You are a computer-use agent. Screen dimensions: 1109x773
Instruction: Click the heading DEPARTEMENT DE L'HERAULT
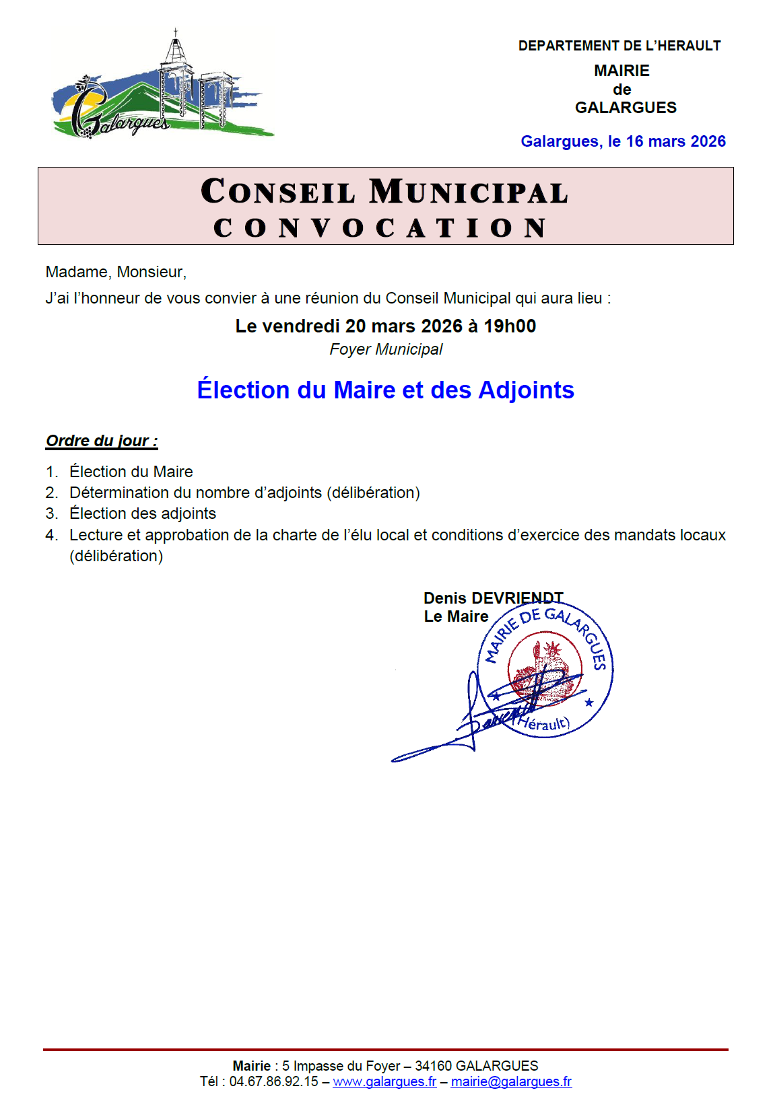point(619,46)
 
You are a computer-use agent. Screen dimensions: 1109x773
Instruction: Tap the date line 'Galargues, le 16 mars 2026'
point(623,141)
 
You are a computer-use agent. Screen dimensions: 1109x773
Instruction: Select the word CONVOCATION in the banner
point(380,228)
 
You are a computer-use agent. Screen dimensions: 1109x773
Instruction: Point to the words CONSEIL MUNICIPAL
point(384,192)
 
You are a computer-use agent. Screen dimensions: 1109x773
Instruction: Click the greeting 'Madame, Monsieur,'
point(116,272)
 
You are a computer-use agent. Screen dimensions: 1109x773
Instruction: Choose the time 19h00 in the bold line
point(510,326)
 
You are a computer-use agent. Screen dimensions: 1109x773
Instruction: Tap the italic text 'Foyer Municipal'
point(386,350)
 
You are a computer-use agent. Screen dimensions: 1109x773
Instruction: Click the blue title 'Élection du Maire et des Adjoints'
point(385,390)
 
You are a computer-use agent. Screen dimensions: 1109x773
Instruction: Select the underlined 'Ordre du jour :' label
point(102,441)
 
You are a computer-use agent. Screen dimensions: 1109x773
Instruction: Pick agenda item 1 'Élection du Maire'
point(131,472)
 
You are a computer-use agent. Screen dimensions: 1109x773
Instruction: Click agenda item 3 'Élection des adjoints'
point(142,513)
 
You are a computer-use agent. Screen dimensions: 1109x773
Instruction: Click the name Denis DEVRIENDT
point(493,598)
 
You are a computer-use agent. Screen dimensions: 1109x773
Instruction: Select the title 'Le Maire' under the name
point(456,616)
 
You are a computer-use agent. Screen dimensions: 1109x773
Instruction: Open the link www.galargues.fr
point(384,1081)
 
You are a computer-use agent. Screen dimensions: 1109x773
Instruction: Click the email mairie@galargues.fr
point(511,1081)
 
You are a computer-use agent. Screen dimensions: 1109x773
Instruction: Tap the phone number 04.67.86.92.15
point(273,1081)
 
